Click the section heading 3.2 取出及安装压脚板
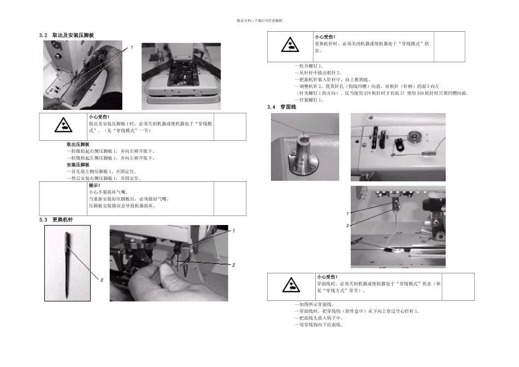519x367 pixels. (x=67, y=35)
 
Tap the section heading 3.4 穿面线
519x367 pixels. (x=281, y=107)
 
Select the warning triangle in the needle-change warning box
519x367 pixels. (x=290, y=45)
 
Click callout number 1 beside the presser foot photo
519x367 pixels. (x=131, y=48)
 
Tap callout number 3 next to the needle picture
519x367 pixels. (x=101, y=280)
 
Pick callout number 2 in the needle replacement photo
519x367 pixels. (x=233, y=265)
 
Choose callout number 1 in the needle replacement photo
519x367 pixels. (x=233, y=230)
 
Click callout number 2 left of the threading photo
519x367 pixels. (x=347, y=226)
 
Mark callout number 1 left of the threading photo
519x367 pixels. (x=347, y=213)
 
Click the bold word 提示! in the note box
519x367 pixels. (x=95, y=186)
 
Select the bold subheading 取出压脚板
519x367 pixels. (x=78, y=144)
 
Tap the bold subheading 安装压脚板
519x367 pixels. (x=78, y=164)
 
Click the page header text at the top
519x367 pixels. (x=259, y=21)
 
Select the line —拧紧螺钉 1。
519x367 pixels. (x=309, y=100)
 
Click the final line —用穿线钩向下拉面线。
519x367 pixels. (x=319, y=325)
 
